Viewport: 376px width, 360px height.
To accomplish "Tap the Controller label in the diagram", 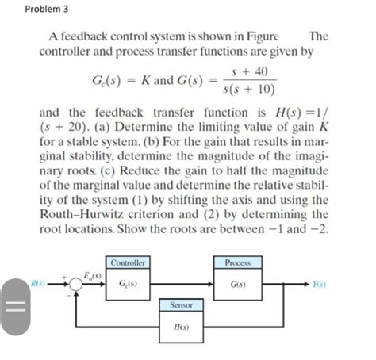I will pyautogui.click(x=128, y=262).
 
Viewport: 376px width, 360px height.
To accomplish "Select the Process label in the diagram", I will pyautogui.click(x=238, y=262).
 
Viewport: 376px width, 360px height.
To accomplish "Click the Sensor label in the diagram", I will pyautogui.click(x=182, y=304).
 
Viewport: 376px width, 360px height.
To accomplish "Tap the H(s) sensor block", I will pyautogui.click(x=182, y=326).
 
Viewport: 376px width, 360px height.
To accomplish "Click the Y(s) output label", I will pyautogui.click(x=318, y=284).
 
